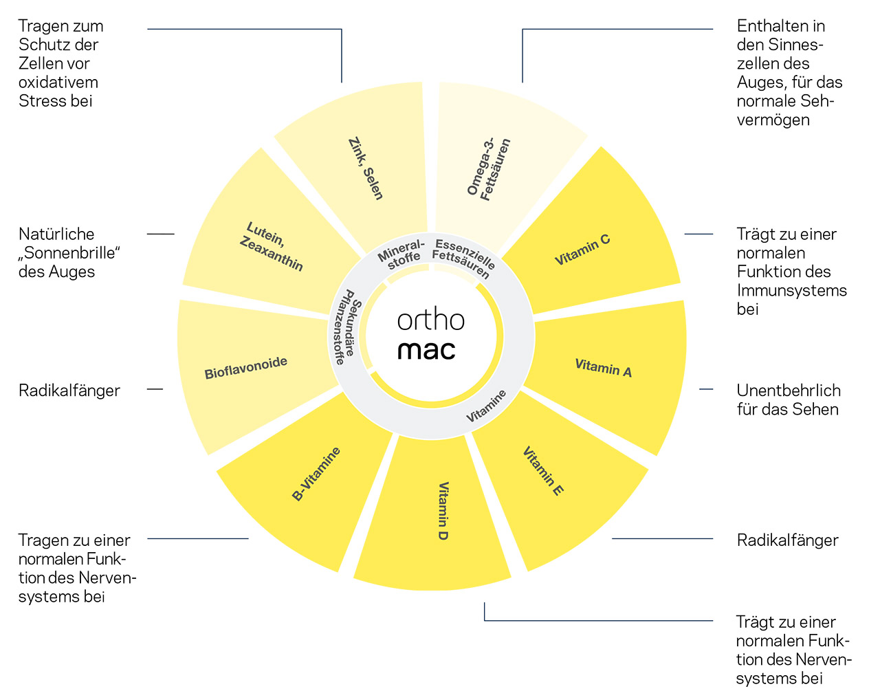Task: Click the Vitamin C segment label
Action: click(x=582, y=250)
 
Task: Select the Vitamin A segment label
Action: click(x=603, y=368)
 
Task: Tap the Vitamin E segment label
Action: click(x=543, y=471)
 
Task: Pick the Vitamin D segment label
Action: click(x=443, y=511)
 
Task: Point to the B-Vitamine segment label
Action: click(x=316, y=474)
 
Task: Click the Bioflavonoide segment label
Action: click(x=245, y=369)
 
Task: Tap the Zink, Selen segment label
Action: click(x=366, y=169)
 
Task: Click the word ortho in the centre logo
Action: click(x=431, y=320)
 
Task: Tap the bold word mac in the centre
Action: click(x=426, y=350)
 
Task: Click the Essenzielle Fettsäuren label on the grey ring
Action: click(x=463, y=258)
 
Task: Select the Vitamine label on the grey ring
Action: click(x=486, y=406)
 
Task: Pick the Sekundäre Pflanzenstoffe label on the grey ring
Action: click(x=345, y=327)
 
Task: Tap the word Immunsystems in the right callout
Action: click(x=791, y=290)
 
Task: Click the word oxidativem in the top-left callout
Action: click(x=58, y=83)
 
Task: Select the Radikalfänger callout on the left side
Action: click(x=69, y=391)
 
